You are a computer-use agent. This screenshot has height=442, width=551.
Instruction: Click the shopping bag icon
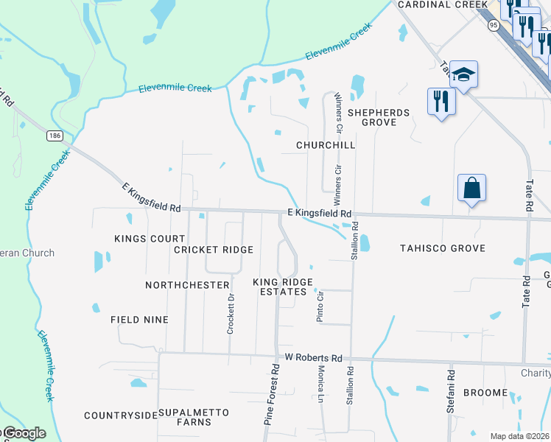point(471,188)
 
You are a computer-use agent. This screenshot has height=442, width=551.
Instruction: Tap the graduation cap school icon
point(464,74)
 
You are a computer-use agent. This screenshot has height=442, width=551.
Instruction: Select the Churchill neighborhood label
point(326,145)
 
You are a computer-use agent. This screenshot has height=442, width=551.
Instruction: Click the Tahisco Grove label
point(442,248)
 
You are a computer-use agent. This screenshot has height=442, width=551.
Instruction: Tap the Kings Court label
point(150,239)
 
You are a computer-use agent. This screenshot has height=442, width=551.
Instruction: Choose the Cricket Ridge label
point(214,250)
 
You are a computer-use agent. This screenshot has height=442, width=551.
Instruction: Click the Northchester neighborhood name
point(187,285)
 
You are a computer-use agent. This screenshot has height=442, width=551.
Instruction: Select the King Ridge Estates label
point(283,287)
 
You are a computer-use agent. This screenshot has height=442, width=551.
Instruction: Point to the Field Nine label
point(139,320)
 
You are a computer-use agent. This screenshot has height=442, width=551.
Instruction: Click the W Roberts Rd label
point(315,358)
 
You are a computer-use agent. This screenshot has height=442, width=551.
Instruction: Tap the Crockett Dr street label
point(231,314)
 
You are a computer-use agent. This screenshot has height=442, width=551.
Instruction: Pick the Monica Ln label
point(322,390)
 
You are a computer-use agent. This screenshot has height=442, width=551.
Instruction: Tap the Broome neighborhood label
point(485,393)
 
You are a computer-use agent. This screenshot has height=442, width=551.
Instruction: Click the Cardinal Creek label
point(435,4)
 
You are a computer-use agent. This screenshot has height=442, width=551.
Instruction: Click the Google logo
point(24,433)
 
